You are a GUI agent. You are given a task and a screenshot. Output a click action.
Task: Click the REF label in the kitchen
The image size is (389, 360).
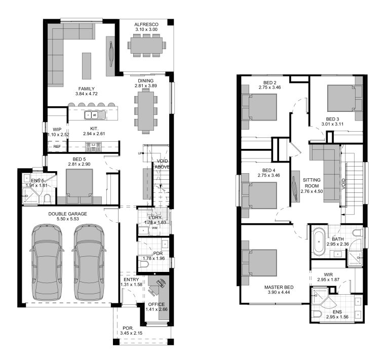point(56,147)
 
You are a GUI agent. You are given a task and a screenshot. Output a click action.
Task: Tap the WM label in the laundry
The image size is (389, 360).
point(155,228)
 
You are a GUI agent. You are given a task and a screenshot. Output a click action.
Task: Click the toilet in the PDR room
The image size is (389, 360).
point(146,264)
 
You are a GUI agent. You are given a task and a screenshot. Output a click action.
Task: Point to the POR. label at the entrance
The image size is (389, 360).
point(127,328)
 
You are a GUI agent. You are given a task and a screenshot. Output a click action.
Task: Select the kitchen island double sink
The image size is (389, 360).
point(93,113)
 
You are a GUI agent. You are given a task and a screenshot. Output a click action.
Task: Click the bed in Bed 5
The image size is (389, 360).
point(79,184)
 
